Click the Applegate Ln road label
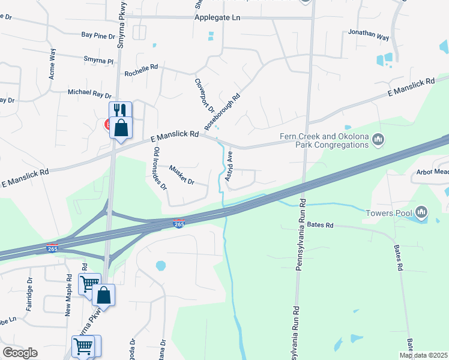coord(217,18)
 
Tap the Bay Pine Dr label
coord(98,37)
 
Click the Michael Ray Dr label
coord(89,94)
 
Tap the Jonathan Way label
coord(369,34)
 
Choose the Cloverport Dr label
coord(204,95)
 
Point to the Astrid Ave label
coord(229,166)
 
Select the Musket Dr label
coord(182,175)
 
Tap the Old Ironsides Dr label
coord(158,168)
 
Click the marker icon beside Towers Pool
coord(422,212)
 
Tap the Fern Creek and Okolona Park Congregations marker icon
coord(378,140)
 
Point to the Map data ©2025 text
coord(423,355)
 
